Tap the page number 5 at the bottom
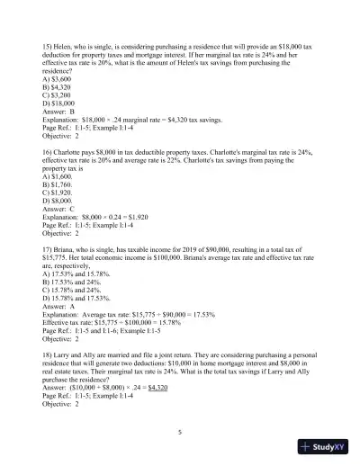coord(180,433)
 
